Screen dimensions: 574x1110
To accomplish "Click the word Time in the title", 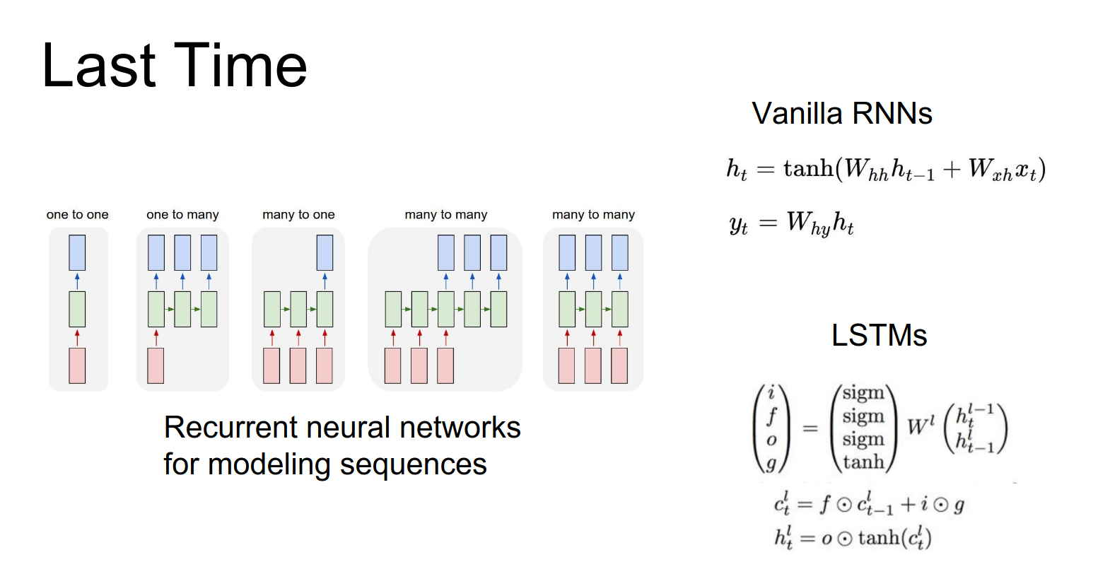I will click(240, 66).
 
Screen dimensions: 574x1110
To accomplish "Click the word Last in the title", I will click(99, 66).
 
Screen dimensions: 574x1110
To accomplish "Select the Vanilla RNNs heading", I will click(841, 114).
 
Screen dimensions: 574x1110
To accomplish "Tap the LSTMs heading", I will click(879, 336).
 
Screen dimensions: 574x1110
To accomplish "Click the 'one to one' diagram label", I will click(78, 215).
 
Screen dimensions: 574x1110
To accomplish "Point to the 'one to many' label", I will click(182, 215).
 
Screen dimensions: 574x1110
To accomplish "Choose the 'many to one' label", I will click(298, 215).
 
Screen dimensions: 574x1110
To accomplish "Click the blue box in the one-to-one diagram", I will click(77, 252).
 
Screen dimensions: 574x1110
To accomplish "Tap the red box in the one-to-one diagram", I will click(77, 365).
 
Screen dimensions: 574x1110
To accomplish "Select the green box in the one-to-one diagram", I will click(77, 309).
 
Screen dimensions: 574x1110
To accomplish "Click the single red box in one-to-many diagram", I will click(156, 365).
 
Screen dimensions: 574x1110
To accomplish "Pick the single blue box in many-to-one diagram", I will click(325, 252).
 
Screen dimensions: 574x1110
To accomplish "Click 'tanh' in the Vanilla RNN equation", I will click(808, 169).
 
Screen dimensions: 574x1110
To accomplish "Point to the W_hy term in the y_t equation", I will click(809, 223).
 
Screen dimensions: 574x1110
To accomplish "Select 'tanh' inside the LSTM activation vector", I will click(863, 462).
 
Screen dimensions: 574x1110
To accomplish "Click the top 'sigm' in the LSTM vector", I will click(863, 393).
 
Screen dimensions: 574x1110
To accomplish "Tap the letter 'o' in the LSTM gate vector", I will click(771, 440).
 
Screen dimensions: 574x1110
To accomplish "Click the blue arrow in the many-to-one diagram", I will click(325, 281).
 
